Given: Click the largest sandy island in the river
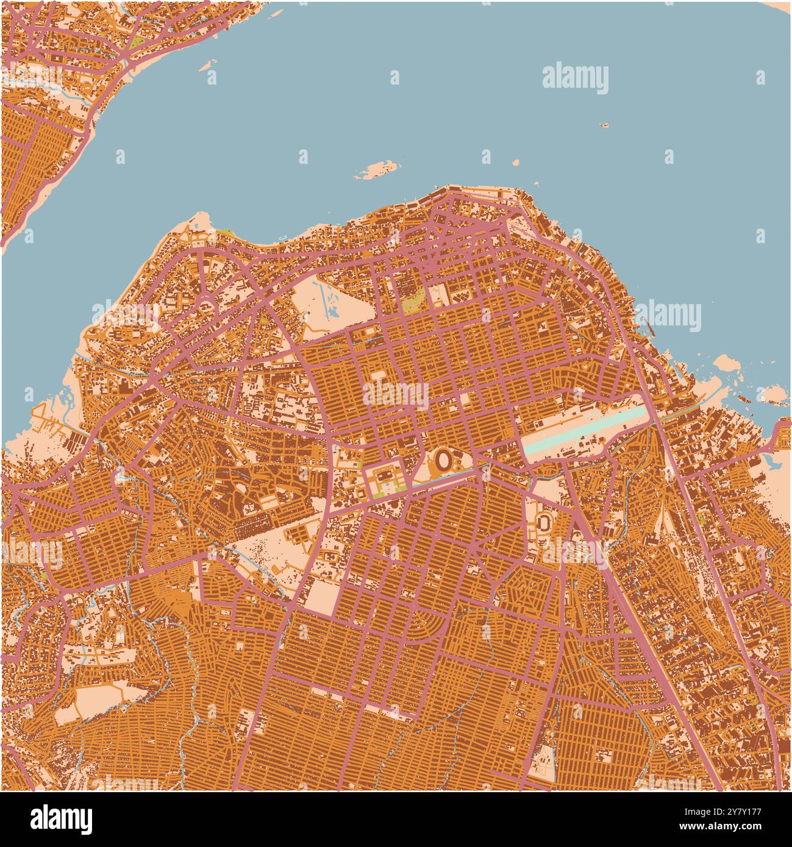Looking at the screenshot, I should pyautogui.click(x=376, y=170).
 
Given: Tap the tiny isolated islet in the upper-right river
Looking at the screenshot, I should pyautogui.click(x=604, y=125).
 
